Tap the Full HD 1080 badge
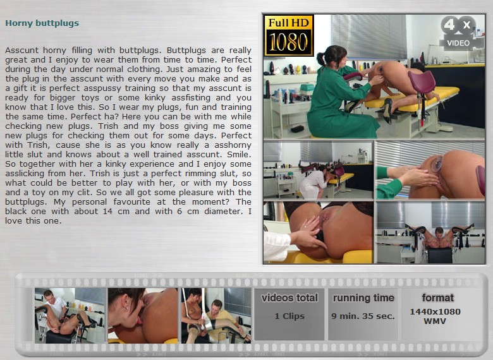pos(289,35)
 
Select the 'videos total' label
pos(289,298)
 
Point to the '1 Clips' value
pos(289,316)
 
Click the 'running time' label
pos(363,298)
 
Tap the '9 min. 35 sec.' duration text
pos(363,316)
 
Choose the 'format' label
pos(438,297)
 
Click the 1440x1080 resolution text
pos(435,311)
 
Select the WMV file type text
pos(435,321)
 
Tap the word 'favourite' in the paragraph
pos(131,201)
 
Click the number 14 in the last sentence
pos(108,212)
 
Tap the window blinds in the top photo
pos(369,37)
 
